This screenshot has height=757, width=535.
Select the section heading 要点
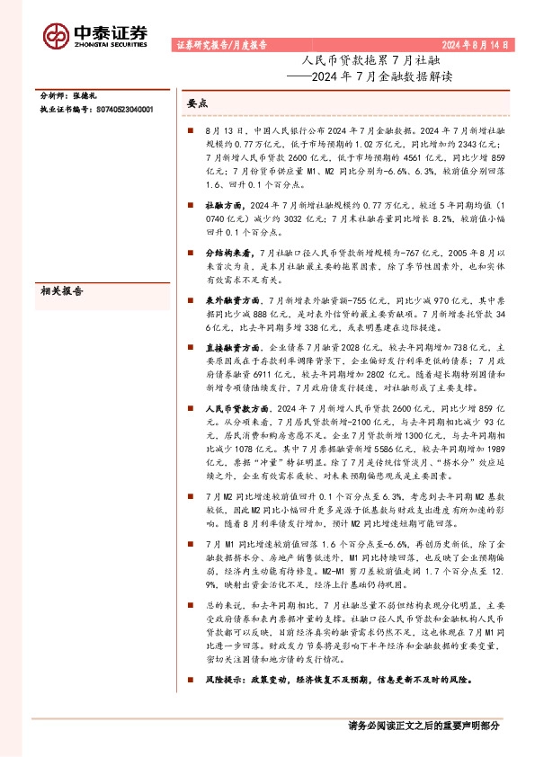197,104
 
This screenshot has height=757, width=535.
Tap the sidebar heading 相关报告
62,290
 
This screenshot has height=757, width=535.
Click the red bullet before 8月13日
191,131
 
